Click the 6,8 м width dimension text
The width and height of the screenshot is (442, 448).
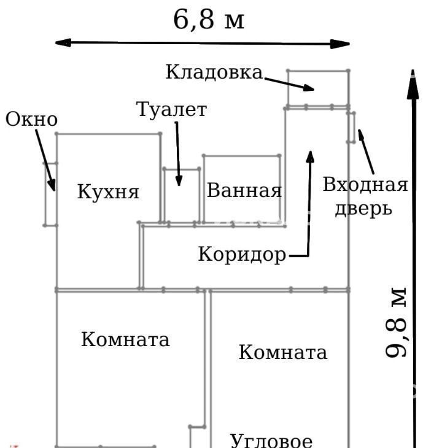pos(209,20)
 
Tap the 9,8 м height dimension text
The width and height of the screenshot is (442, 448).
pos(397,323)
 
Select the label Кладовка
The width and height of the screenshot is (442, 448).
pos(214,72)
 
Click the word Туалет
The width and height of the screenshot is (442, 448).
pos(171,110)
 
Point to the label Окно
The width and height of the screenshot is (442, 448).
pos(31,120)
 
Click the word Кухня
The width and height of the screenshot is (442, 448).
pos(108,191)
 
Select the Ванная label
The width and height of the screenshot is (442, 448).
pos(244,190)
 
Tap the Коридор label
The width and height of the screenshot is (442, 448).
pos(242,254)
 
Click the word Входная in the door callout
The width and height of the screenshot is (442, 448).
pos(365,185)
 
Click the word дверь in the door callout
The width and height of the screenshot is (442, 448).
pos(362,208)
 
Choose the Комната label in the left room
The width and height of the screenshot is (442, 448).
pos(125,339)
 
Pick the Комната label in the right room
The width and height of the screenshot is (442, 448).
pos(282,352)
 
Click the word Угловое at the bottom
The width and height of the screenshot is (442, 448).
pos(271,440)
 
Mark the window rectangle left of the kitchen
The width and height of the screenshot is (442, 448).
pos(50,195)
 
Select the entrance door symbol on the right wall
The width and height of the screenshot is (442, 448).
pos(351,127)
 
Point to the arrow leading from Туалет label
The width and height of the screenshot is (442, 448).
pos(177,153)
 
